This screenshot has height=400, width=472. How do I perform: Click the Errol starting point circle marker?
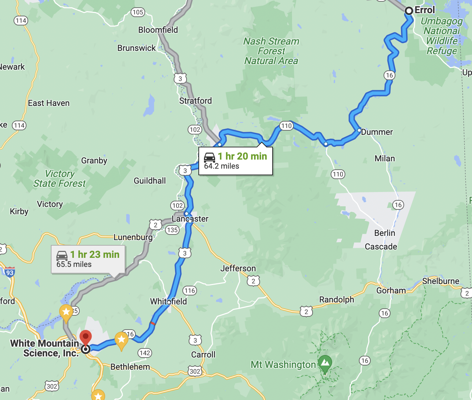pyautogui.click(x=409, y=11)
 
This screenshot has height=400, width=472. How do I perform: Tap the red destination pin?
pyautogui.click(x=86, y=337)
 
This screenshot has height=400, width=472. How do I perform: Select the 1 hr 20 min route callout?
pyautogui.click(x=235, y=161)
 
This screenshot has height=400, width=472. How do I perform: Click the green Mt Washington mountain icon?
pyautogui.click(x=325, y=363)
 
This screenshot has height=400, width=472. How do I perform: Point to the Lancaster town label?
pyautogui.click(x=190, y=219)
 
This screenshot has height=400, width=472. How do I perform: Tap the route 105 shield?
pyautogui.click(x=138, y=12)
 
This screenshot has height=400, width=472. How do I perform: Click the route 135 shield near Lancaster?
pyautogui.click(x=172, y=230)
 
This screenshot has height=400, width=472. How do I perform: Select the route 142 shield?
pyautogui.click(x=144, y=353)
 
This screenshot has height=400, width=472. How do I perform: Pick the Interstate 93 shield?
pyautogui.click(x=9, y=272)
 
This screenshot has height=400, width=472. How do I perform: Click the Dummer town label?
pyautogui.click(x=377, y=132)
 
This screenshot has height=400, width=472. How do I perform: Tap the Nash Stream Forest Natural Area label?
pyautogui.click(x=271, y=51)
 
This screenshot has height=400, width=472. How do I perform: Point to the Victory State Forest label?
pyautogui.click(x=60, y=178)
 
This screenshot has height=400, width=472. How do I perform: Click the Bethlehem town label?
pyautogui.click(x=130, y=367)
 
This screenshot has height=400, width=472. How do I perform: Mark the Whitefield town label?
pyautogui.click(x=168, y=301)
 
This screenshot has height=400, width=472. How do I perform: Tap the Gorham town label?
pyautogui.click(x=391, y=290)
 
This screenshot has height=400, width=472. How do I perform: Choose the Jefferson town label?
pyautogui.click(x=238, y=268)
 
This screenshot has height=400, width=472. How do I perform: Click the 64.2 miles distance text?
pyautogui.click(x=221, y=166)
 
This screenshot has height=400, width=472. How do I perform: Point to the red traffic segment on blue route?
pyautogui.click(x=152, y=323)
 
